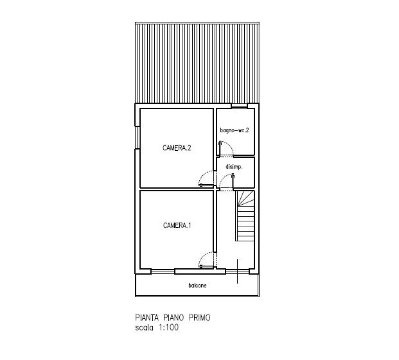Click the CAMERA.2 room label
pos(177,148)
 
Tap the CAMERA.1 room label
pos(177,225)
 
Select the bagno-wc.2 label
pos(235,130)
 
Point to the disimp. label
pos(234,167)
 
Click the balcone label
pos(197,286)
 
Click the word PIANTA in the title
pos(147,318)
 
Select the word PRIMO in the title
pos(199,318)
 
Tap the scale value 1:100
pos(169,327)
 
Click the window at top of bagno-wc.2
pos(239,106)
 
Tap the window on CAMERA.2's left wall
pos(137,137)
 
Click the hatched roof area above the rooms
pos(197,63)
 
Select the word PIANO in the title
pos(173,318)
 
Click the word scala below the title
pos(145,327)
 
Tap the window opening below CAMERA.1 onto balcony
pos(163,271)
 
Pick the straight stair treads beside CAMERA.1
pos(245,223)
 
